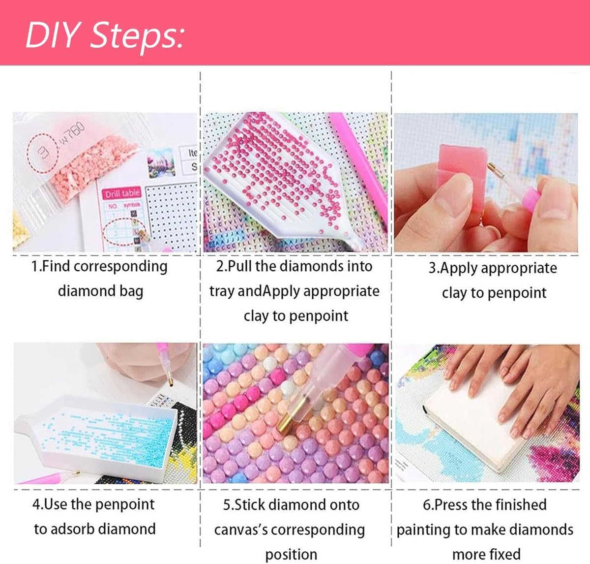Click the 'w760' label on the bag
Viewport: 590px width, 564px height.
pyautogui.click(x=72, y=133)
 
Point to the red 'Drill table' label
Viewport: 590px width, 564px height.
pyautogui.click(x=121, y=193)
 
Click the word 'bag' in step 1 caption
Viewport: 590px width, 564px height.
pyautogui.click(x=131, y=291)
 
